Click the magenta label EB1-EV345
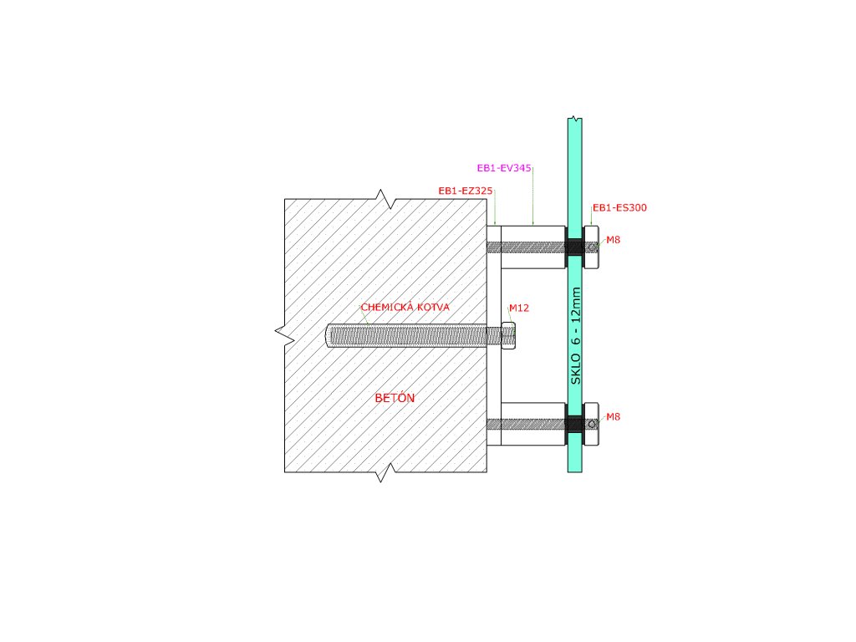click(504, 168)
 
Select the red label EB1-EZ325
click(466, 191)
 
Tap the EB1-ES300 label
click(619, 207)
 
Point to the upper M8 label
click(613, 240)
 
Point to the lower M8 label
click(613, 416)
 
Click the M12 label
click(519, 308)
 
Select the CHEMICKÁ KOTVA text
click(405, 308)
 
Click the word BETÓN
click(395, 398)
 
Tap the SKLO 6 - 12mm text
click(575, 336)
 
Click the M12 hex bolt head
click(508, 335)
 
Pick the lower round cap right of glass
click(591, 424)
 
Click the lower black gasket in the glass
click(574, 424)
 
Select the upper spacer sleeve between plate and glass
click(533, 247)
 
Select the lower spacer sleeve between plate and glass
click(533, 424)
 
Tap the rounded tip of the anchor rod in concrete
click(329, 336)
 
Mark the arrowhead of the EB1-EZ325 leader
click(495, 223)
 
